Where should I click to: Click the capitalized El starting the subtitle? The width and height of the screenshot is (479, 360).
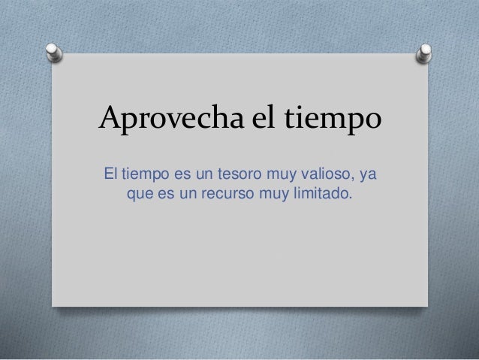coord(111,176)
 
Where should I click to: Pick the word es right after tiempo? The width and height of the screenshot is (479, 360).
coord(185,177)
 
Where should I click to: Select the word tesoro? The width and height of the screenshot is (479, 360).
coord(243,177)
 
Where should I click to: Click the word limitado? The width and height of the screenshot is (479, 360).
coord(322,195)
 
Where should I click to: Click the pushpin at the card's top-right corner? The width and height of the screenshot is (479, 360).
coord(424,53)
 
